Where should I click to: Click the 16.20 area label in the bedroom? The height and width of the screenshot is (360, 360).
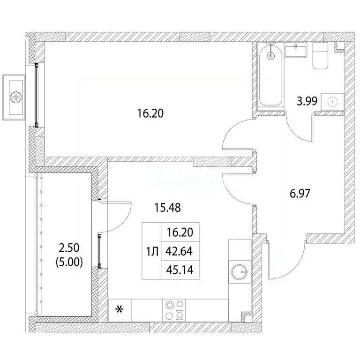pos(150,113)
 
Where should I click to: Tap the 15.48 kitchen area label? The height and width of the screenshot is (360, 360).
pos(168,208)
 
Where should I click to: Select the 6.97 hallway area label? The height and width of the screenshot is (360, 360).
pos(300,193)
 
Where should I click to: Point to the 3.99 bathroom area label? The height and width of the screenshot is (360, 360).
pos(307,101)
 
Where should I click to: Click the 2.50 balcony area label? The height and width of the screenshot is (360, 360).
pos(69,248)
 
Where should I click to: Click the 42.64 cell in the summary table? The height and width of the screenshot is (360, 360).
pos(180,252)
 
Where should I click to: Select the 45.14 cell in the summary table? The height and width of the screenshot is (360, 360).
pos(180,270)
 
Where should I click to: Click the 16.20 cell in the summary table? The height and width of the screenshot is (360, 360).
pos(180,232)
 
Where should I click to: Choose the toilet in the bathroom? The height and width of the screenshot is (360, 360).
pos(320,56)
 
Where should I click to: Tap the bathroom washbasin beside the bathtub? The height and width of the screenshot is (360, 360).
pos(295,51)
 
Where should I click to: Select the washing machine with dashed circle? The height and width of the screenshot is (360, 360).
pos(332,102)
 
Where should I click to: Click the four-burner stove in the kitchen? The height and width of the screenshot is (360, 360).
pos(174,310)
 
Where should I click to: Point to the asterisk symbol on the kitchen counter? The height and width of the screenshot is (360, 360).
pos(119,310)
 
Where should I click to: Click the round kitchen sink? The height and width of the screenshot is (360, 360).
pos(240,272)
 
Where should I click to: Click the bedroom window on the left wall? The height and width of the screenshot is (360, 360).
pos(36,95)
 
